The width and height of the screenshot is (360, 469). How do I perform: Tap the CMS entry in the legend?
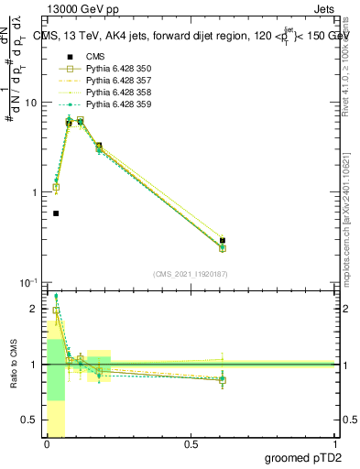point(95,57)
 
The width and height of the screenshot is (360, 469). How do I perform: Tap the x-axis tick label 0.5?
point(191,445)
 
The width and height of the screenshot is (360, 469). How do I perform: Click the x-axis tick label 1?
point(335,445)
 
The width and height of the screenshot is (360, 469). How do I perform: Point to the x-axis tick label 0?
point(47,445)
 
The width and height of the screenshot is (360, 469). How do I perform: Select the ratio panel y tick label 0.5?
point(31,420)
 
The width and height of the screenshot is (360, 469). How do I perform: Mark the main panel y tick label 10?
point(31,103)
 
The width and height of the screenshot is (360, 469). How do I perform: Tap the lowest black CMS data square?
point(56,213)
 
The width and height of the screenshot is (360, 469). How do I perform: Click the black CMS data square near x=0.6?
point(223,241)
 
